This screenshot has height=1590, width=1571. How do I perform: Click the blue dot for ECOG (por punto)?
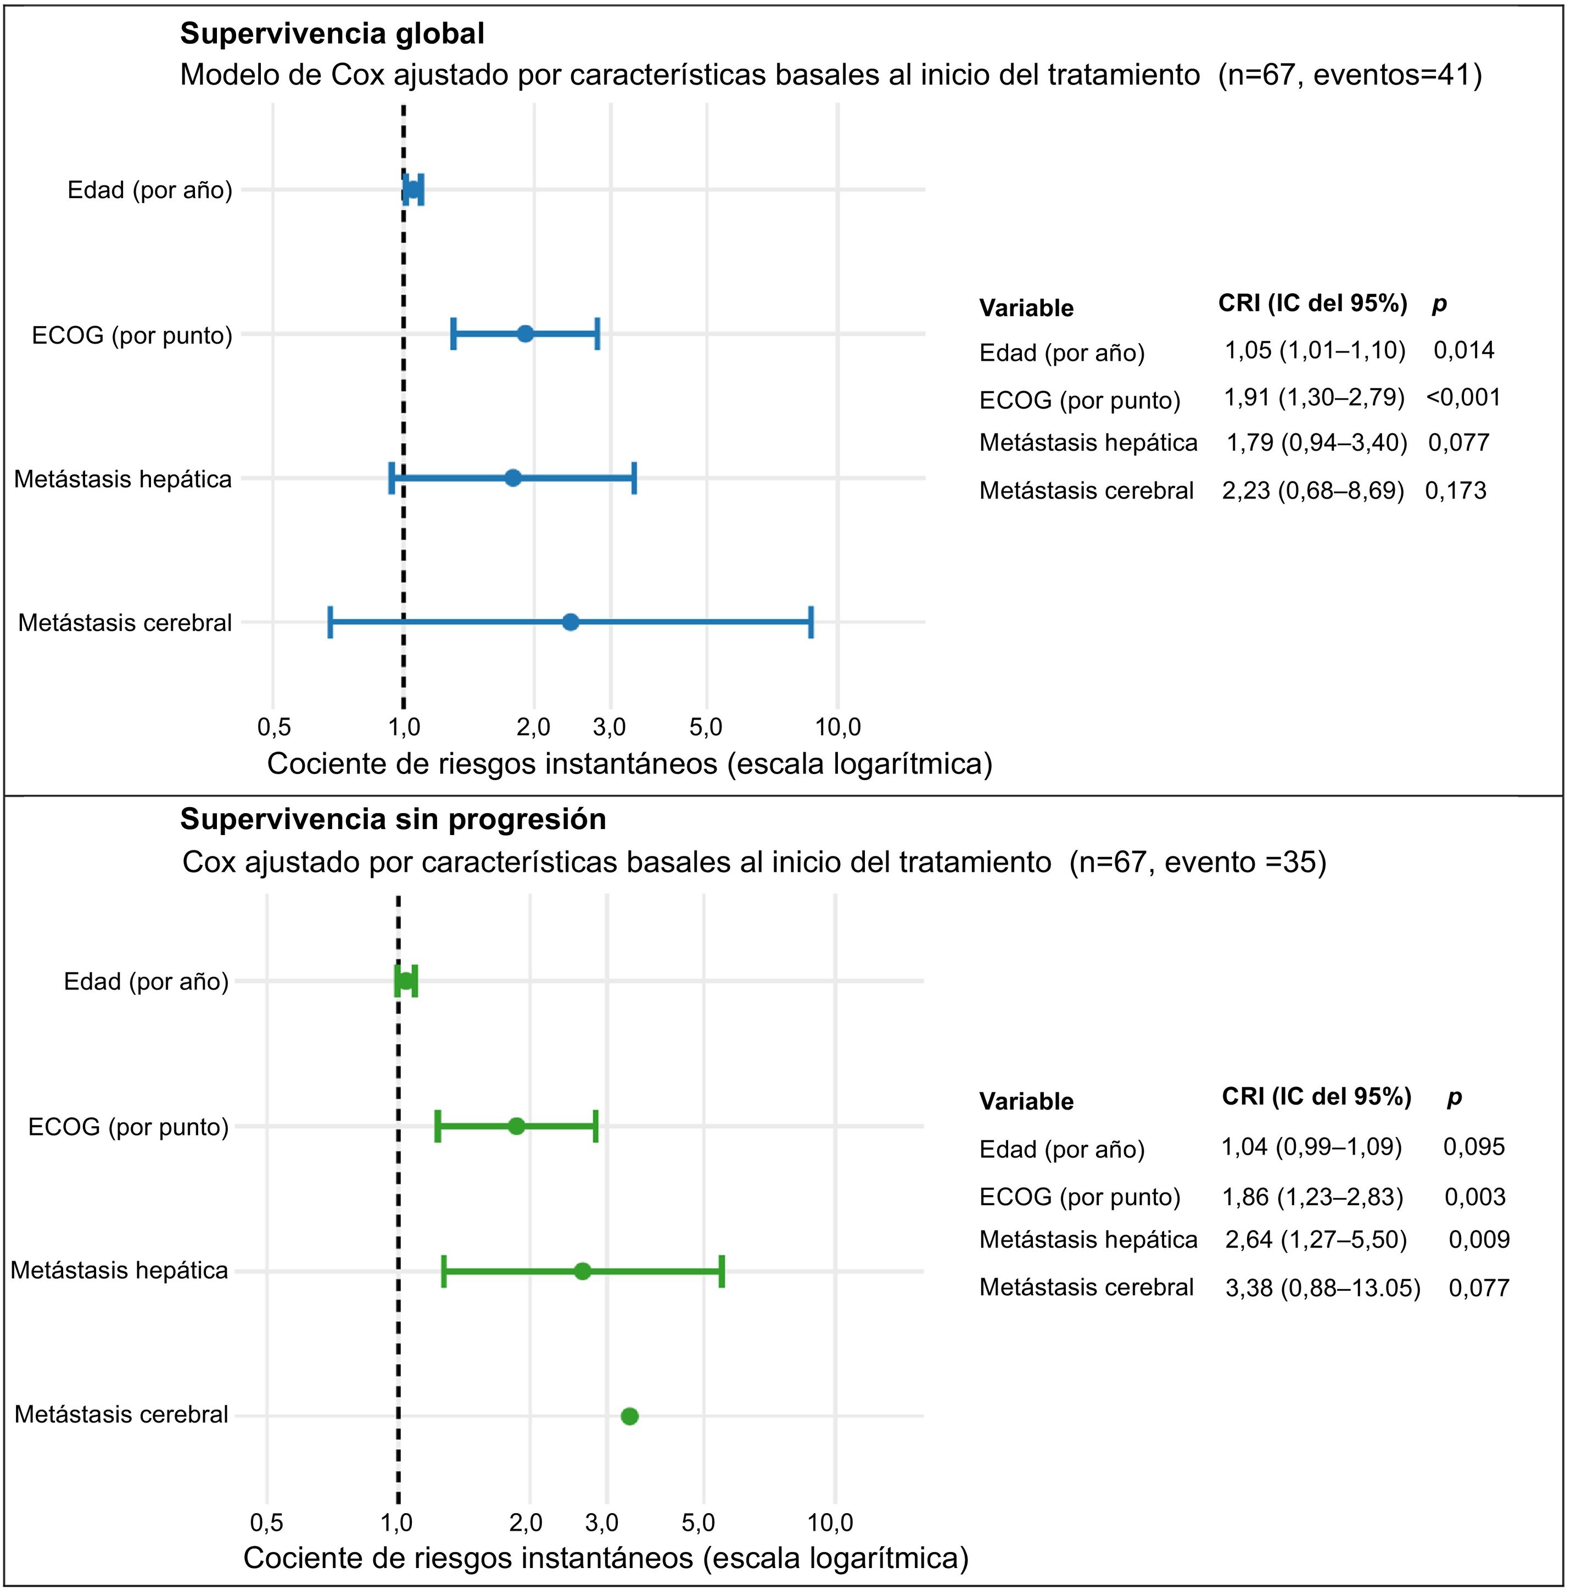click(x=525, y=334)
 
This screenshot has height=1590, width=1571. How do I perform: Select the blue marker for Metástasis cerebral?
click(x=571, y=622)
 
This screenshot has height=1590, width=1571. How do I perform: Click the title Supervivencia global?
click(x=332, y=33)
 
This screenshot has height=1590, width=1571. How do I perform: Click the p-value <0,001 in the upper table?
click(x=1464, y=398)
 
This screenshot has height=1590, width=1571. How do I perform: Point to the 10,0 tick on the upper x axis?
click(x=838, y=727)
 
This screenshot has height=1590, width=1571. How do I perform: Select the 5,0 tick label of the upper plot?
click(x=706, y=727)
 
